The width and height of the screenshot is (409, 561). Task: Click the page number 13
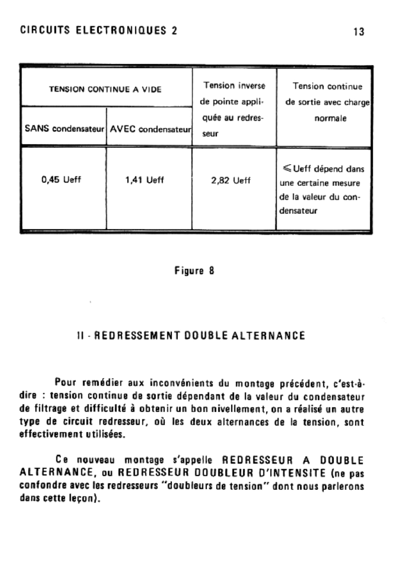[359, 31]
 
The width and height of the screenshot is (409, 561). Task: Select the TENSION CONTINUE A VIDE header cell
[106, 90]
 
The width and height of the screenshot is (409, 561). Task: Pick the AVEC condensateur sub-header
[149, 129]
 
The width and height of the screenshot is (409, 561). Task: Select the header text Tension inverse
[234, 85]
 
